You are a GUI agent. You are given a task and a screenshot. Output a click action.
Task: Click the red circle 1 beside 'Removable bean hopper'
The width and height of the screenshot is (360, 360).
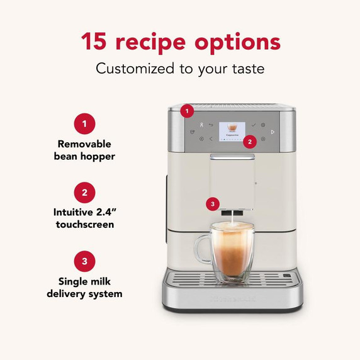(x=84, y=123)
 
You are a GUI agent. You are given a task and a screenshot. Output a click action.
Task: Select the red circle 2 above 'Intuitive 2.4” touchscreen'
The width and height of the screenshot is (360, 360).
(x=84, y=192)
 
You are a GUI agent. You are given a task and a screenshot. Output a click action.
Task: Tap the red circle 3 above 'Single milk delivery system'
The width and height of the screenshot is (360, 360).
(x=84, y=261)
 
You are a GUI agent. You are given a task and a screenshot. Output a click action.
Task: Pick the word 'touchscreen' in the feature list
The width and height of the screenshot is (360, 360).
(x=84, y=225)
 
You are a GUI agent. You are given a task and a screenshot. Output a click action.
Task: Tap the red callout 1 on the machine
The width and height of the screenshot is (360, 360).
(x=186, y=111)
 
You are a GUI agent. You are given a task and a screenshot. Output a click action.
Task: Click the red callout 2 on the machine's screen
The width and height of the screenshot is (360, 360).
(x=250, y=142)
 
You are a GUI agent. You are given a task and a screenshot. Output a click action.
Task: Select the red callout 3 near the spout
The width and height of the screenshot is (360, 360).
(x=213, y=204)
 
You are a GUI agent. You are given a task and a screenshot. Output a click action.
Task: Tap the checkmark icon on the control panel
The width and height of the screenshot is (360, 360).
(x=254, y=125)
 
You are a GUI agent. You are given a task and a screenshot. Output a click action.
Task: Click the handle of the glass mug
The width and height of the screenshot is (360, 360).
(x=202, y=249)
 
